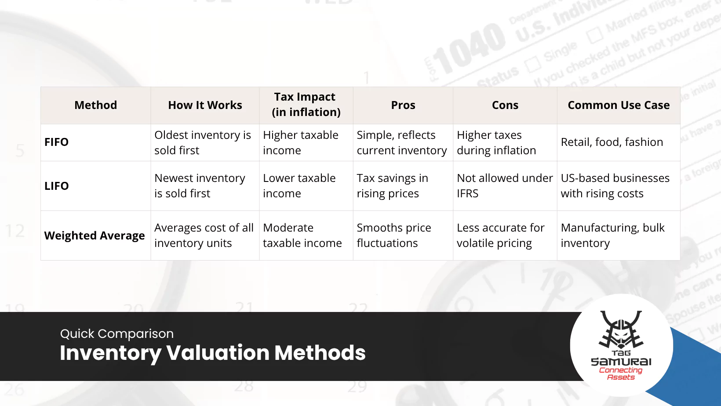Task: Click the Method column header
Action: click(95, 105)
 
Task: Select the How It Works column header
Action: click(205, 105)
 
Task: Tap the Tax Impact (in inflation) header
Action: click(306, 105)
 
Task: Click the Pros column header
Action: click(403, 105)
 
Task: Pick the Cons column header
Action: click(505, 105)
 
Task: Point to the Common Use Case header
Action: click(619, 105)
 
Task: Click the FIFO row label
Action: click(57, 142)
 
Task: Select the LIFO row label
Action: click(57, 186)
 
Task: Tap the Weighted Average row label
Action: click(95, 236)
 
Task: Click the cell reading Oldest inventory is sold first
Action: click(203, 143)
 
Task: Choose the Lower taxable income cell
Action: click(299, 186)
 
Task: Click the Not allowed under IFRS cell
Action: click(504, 186)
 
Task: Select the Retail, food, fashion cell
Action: click(612, 142)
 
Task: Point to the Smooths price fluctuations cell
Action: click(393, 236)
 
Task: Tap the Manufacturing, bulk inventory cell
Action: click(612, 236)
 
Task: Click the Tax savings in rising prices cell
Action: click(392, 186)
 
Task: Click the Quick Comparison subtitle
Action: click(117, 334)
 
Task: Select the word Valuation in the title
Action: click(218, 353)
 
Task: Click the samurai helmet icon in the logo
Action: click(621, 330)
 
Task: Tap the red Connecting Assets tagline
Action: click(621, 373)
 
